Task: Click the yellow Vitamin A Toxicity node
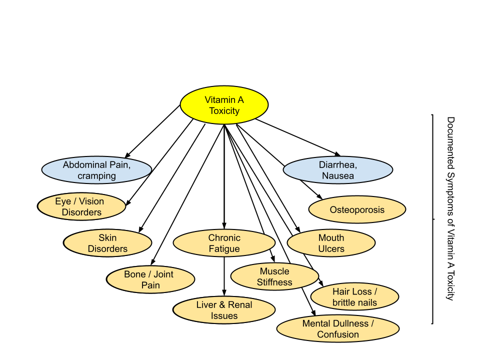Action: coord(224,105)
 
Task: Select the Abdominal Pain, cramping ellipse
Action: coord(96,170)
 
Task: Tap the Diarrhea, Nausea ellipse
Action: coord(338,170)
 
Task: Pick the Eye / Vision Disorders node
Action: coord(81,206)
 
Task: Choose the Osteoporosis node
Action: coord(357,209)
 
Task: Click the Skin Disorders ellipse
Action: coord(107,243)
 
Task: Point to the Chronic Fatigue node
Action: coord(224,243)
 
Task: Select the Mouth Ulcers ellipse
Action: coord(331,243)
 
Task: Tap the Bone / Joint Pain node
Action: coord(150,279)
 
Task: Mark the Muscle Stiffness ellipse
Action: coord(274,276)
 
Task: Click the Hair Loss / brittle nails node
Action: coord(354,297)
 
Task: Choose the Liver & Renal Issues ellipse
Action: coord(224,310)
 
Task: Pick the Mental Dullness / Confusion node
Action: coord(338,329)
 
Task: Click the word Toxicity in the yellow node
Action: coord(224,111)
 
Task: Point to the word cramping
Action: coord(96,176)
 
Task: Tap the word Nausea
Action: coord(338,176)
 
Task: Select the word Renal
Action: coord(240,304)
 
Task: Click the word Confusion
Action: coord(338,334)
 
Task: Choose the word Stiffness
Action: coord(274,282)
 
